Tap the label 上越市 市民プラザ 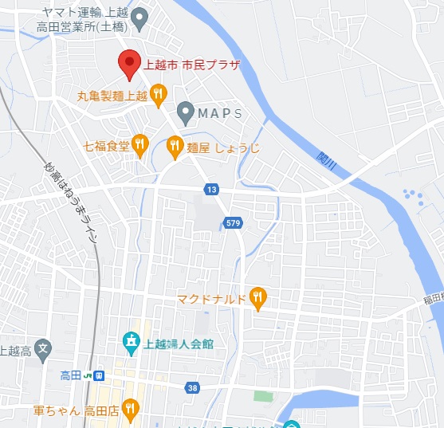pyautogui.click(x=191, y=65)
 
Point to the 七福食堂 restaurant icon pyautogui.click(x=140, y=144)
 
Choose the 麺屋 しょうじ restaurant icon pyautogui.click(x=175, y=145)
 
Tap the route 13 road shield pyautogui.click(x=210, y=189)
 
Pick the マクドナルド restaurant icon pyautogui.click(x=257, y=299)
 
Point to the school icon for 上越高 pyautogui.click(x=44, y=348)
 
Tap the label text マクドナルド pyautogui.click(x=211, y=300)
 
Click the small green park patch pyautogui.click(x=262, y=395)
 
